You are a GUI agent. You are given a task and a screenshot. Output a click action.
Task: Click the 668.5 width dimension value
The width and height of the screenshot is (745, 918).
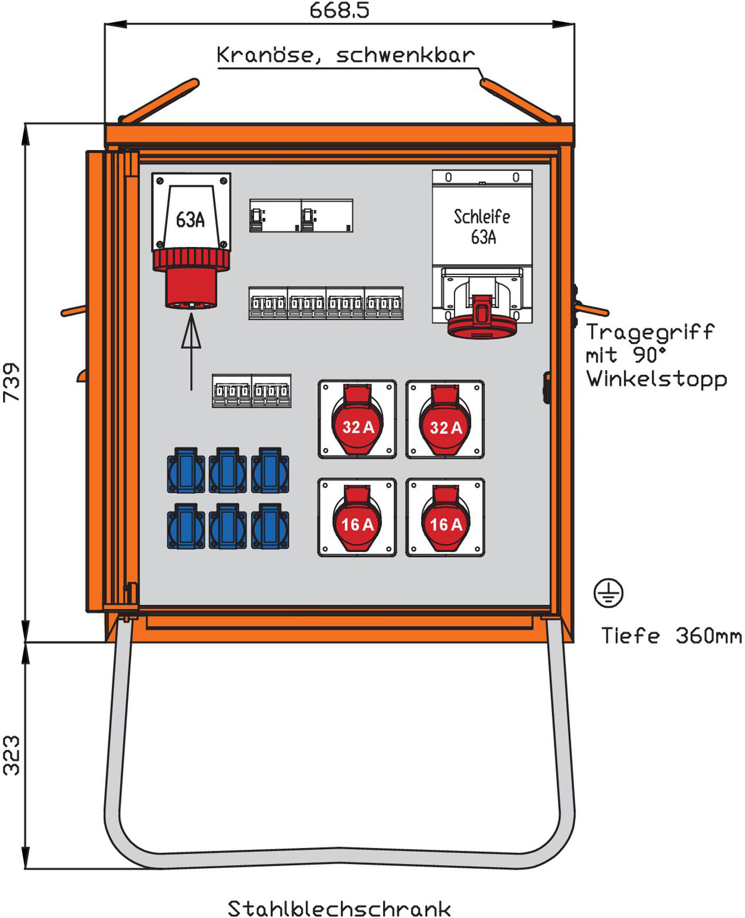click(339, 11)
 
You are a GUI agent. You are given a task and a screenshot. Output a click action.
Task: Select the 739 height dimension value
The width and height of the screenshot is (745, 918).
click(12, 382)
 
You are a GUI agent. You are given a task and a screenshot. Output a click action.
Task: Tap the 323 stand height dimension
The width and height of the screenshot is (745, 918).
click(12, 755)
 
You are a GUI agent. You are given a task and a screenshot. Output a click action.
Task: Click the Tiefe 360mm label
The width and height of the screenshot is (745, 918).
click(671, 636)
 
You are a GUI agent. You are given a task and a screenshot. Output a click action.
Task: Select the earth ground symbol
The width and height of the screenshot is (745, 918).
click(608, 593)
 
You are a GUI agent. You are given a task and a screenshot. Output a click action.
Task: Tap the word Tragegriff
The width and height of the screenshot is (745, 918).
click(650, 332)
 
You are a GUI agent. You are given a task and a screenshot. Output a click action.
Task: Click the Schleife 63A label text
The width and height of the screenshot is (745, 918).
click(482, 226)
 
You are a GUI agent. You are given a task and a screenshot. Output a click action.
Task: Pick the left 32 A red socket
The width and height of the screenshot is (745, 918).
click(357, 421)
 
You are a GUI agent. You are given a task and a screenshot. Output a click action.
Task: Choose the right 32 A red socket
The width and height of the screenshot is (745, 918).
click(445, 421)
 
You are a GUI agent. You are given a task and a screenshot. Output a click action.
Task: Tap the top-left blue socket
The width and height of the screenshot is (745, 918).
click(186, 471)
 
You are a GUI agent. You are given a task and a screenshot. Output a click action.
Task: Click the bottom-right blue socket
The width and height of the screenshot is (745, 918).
click(270, 527)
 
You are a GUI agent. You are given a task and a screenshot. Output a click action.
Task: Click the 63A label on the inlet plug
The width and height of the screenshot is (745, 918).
click(190, 219)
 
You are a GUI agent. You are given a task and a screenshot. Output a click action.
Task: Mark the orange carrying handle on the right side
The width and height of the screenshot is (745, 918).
click(593, 309)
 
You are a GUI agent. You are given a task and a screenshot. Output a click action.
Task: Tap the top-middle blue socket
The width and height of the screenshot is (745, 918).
click(228, 471)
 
